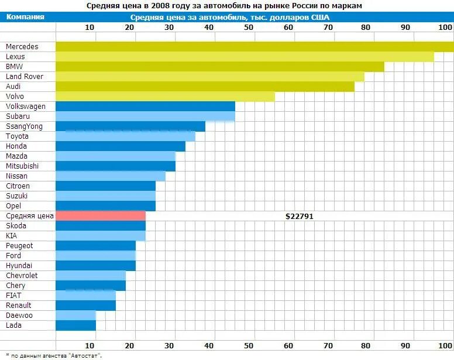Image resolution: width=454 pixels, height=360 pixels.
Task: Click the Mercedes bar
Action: click(x=254, y=47)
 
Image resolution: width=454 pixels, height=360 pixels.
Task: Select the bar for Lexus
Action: click(x=245, y=57)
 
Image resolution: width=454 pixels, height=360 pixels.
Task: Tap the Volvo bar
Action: click(x=165, y=97)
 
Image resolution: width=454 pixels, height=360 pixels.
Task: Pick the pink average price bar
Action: click(x=101, y=216)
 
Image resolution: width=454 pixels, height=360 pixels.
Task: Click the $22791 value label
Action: click(x=300, y=216)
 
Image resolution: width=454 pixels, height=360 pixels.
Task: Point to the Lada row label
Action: click(x=14, y=325)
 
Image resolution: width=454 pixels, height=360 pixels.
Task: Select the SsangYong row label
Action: click(x=24, y=126)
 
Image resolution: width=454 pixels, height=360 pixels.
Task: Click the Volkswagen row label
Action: click(x=26, y=107)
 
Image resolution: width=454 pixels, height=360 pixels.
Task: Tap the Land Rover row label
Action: click(x=25, y=77)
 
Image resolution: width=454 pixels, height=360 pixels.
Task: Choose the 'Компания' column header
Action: click(x=26, y=17)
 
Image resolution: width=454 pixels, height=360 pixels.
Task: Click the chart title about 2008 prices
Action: click(x=224, y=5)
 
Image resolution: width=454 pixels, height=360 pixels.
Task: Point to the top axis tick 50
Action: click(x=249, y=28)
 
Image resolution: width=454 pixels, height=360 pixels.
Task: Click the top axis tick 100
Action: click(x=445, y=28)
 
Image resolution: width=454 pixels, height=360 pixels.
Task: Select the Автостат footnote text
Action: click(x=53, y=355)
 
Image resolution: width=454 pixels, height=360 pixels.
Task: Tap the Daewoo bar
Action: click(x=75, y=316)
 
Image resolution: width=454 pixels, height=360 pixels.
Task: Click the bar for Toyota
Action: click(x=125, y=136)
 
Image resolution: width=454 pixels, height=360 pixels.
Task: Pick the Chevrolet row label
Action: click(x=22, y=276)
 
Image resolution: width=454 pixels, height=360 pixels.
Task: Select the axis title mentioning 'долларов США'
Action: click(x=230, y=18)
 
